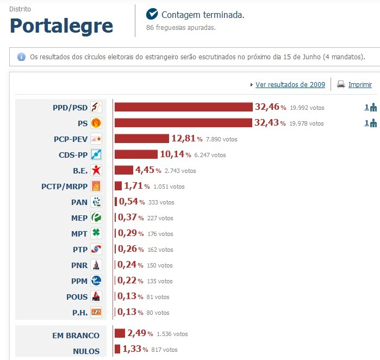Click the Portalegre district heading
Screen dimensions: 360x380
click(x=61, y=26)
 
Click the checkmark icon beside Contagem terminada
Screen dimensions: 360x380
click(x=152, y=14)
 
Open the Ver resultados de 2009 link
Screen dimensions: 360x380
click(x=290, y=84)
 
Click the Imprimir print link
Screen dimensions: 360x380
click(x=360, y=84)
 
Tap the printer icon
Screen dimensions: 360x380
click(x=341, y=84)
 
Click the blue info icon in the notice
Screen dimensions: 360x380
click(x=22, y=57)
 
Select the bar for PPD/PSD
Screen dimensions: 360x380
click(x=183, y=107)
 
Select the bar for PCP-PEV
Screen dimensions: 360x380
click(x=141, y=139)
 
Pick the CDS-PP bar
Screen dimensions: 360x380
click(x=135, y=154)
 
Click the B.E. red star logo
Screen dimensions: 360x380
click(x=96, y=170)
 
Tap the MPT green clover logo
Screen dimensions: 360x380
click(x=96, y=233)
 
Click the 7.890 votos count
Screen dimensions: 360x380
click(x=222, y=139)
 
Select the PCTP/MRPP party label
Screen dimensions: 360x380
click(x=64, y=186)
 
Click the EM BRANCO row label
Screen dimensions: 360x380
click(x=76, y=336)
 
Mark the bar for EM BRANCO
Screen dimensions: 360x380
click(x=119, y=333)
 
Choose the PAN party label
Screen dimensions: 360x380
click(x=79, y=202)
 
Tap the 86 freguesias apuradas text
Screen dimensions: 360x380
click(x=181, y=27)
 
